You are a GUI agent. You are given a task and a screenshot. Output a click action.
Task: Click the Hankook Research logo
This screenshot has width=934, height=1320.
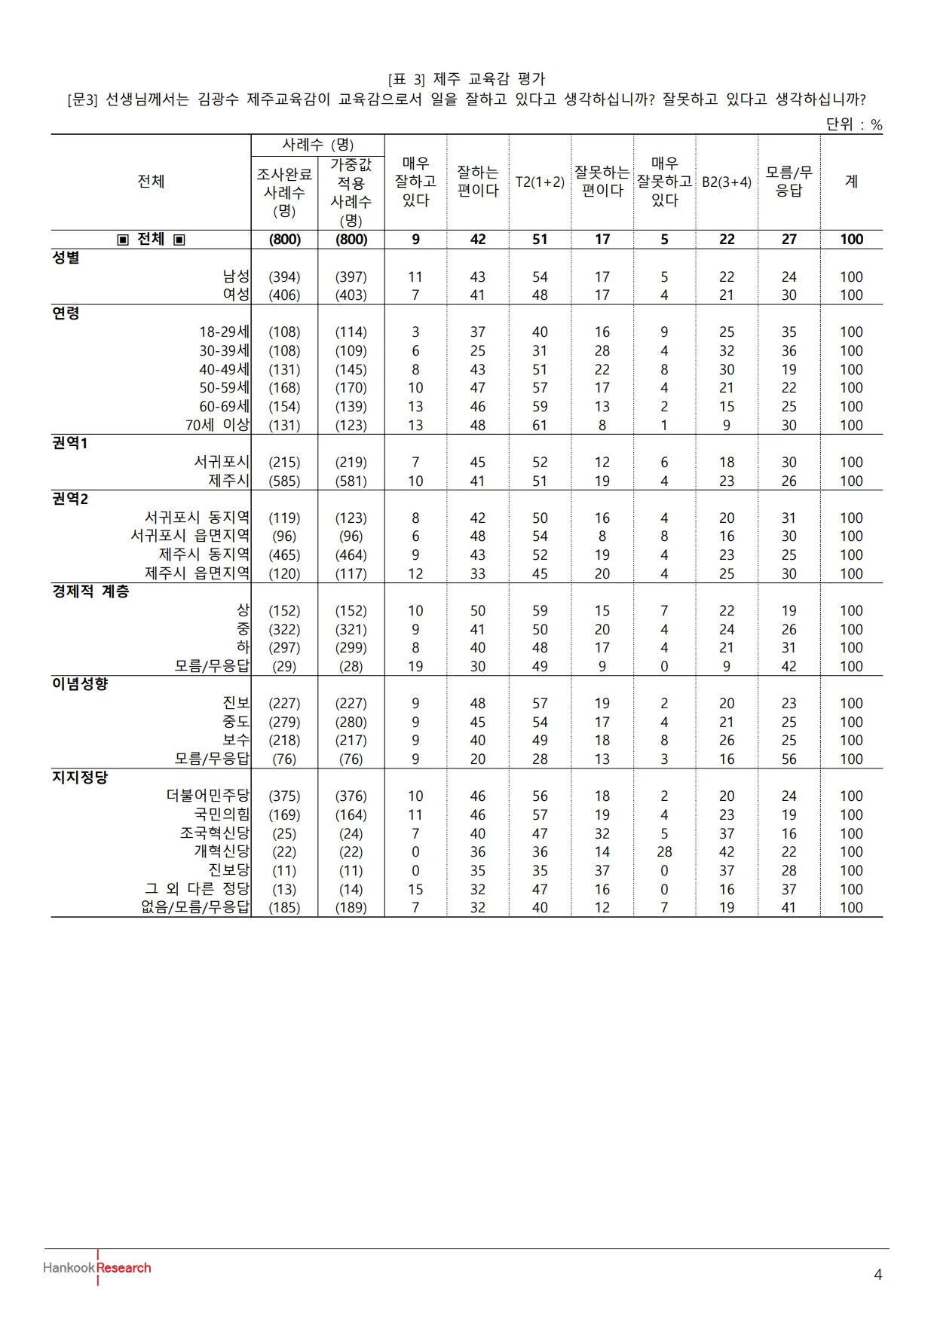(x=97, y=1267)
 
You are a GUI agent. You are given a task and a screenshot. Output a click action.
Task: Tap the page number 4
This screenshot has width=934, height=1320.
(x=877, y=1275)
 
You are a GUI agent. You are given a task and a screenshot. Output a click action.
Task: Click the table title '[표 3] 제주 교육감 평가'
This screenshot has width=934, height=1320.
(x=466, y=79)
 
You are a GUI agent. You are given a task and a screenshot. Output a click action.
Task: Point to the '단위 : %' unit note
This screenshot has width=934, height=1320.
(x=853, y=124)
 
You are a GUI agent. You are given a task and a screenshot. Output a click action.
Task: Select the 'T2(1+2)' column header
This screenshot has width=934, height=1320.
(x=540, y=182)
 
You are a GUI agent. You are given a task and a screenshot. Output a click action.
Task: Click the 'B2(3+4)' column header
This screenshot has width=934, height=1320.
(x=727, y=182)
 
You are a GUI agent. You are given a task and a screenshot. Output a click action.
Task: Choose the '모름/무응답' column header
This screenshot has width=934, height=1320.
(x=789, y=182)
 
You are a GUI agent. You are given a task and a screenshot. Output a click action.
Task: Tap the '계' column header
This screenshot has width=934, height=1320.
(x=851, y=182)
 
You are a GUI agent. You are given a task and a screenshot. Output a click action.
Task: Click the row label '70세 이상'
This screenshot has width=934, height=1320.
(x=217, y=425)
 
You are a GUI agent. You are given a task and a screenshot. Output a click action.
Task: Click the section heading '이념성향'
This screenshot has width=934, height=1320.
(x=80, y=684)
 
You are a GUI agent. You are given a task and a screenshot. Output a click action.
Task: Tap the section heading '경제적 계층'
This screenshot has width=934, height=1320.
(x=90, y=591)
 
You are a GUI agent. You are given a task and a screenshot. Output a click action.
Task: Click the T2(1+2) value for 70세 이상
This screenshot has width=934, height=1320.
(x=540, y=425)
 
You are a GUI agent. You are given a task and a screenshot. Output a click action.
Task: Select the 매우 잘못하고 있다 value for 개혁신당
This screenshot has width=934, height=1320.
(x=664, y=852)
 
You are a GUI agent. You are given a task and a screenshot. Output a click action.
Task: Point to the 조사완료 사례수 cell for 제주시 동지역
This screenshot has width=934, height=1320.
(x=284, y=555)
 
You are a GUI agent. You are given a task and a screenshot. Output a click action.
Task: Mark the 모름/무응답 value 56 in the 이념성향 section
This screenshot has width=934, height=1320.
(x=789, y=759)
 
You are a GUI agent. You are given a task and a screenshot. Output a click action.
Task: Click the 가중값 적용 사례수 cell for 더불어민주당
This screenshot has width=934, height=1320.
(x=351, y=796)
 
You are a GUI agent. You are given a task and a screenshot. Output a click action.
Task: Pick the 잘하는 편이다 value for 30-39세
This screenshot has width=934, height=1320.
(x=477, y=351)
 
